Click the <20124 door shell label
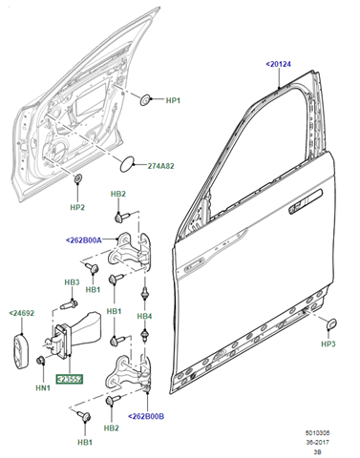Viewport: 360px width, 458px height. (x=278, y=64)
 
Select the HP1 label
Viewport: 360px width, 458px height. (x=173, y=100)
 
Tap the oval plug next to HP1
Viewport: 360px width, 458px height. (x=145, y=100)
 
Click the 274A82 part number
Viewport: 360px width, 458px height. (x=160, y=166)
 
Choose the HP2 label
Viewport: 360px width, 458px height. (x=77, y=207)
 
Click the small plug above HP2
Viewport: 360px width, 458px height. (x=77, y=178)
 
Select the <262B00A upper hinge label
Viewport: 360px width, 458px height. (x=84, y=240)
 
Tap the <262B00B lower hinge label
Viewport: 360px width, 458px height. (x=146, y=416)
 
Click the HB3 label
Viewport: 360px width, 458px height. (x=72, y=282)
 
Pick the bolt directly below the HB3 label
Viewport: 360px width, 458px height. (x=69, y=304)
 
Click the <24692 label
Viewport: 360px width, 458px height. (x=21, y=313)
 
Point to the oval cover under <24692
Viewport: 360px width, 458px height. (x=20, y=351)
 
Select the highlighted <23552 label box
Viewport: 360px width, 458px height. (x=70, y=379)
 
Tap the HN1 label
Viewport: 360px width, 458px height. (x=43, y=387)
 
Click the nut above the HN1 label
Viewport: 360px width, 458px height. (x=41, y=361)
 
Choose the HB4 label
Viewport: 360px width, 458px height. (x=144, y=316)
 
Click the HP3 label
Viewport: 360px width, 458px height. (x=328, y=343)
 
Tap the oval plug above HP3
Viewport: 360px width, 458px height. (x=331, y=323)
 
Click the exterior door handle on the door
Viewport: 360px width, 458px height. (x=306, y=202)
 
